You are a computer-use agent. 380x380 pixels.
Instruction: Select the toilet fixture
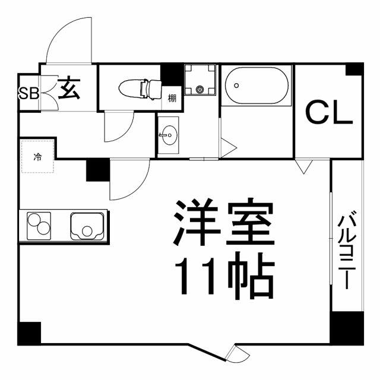[141, 89]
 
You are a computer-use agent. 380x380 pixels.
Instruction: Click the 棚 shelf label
[172, 99]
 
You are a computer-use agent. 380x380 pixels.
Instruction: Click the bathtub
[256, 86]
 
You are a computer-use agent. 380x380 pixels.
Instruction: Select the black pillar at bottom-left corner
[29, 333]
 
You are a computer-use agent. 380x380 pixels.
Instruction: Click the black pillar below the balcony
[347, 328]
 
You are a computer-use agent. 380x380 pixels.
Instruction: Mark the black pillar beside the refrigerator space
[98, 170]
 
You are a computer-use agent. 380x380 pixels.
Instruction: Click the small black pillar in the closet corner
[354, 69]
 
